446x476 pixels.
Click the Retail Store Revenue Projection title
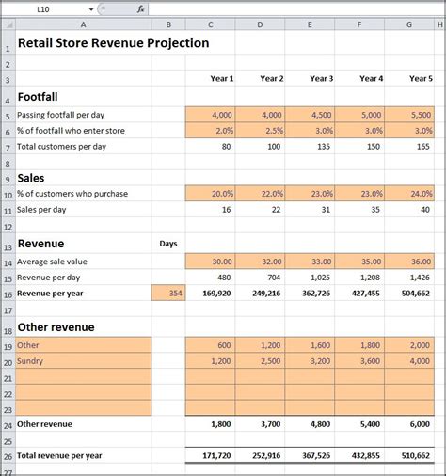(113, 42)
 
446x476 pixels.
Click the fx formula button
(140, 8)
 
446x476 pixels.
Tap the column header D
(260, 25)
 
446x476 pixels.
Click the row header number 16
(8, 293)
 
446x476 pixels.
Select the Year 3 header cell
(310, 79)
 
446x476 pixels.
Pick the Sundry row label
(32, 360)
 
